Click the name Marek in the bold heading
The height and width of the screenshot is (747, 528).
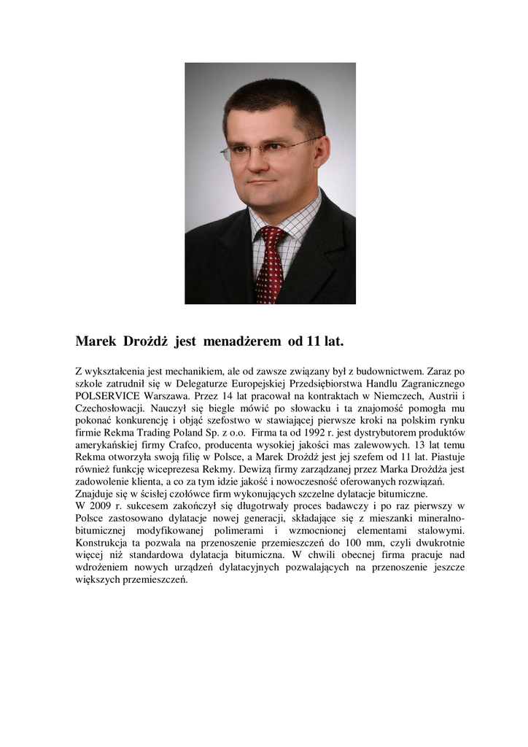click(99, 341)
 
